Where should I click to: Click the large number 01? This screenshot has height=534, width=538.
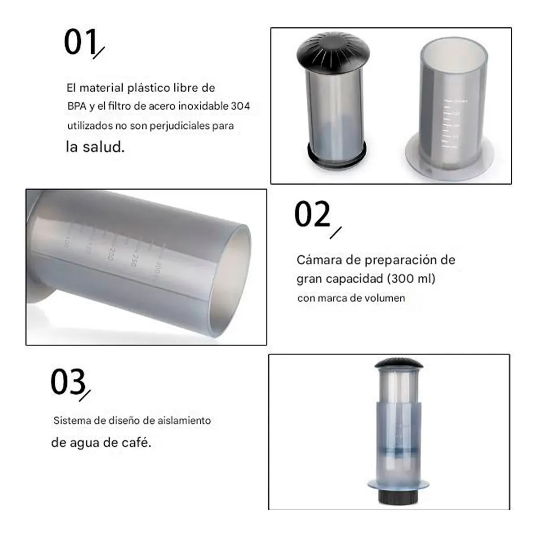[81, 43]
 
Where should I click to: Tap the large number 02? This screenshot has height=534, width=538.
[312, 214]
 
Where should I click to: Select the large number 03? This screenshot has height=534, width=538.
[68, 382]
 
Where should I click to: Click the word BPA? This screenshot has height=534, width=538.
[76, 107]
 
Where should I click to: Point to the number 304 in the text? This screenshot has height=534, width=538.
[240, 106]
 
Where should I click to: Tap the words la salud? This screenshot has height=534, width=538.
[95, 147]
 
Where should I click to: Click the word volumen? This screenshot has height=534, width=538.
[384, 298]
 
